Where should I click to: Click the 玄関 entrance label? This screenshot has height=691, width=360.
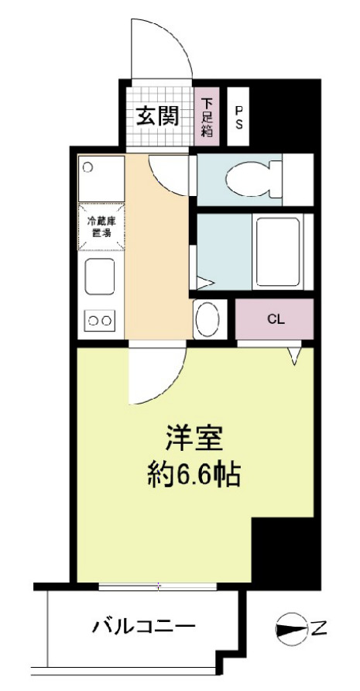tap(158, 116)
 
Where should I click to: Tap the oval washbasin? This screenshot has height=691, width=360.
tap(207, 319)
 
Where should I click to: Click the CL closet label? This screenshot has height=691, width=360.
tap(275, 318)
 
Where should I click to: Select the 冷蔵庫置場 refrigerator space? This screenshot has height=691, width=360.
tap(101, 226)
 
